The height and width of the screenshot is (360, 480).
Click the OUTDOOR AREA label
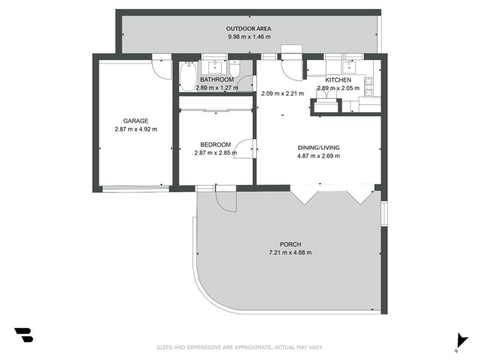(248, 29)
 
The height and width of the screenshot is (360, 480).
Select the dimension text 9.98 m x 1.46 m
(248, 37)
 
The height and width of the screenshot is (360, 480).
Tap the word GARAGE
(136, 121)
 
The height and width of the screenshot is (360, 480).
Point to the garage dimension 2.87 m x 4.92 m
(136, 129)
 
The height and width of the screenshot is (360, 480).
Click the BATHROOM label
(217, 80)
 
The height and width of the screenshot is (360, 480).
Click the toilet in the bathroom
(235, 71)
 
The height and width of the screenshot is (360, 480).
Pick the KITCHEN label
(338, 80)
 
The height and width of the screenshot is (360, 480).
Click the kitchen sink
(349, 67)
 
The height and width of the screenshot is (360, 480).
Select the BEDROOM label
(215, 145)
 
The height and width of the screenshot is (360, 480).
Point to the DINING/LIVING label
(318, 148)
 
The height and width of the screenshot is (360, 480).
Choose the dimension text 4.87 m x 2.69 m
(318, 156)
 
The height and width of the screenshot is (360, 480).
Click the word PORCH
(290, 244)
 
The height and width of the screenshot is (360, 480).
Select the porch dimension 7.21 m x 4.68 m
(290, 253)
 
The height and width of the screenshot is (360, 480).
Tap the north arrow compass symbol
(461, 340)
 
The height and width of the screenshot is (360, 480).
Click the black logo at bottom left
(23, 335)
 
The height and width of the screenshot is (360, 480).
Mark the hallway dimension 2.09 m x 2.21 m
(283, 94)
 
